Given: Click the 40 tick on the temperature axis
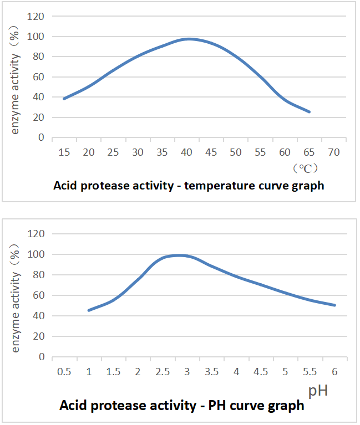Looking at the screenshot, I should pos(187,152).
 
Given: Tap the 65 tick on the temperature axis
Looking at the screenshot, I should pos(310,152).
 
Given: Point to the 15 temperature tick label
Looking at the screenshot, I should pos(64,152).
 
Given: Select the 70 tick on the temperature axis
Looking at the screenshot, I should pos(334,152).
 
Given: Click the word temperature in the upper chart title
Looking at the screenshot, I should pos(217,186).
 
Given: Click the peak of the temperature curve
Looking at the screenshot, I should pos(189,39).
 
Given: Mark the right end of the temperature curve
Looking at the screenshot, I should pos(310,112).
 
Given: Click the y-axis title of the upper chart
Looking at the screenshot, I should pos(16,76).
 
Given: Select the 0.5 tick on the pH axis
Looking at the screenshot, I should pos(64,371).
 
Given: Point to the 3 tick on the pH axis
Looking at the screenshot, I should pos(187,371).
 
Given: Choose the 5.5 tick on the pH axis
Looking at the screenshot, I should pos(310,371).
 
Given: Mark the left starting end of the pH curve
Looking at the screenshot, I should pos(89,310).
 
